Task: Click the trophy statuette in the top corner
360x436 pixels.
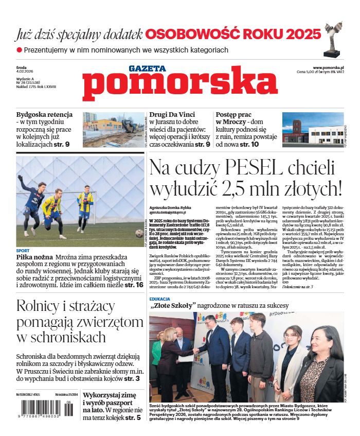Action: click(x=332, y=39)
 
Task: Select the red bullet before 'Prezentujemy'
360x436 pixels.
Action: click(x=19, y=50)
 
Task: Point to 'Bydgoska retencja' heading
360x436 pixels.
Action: click(x=44, y=115)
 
